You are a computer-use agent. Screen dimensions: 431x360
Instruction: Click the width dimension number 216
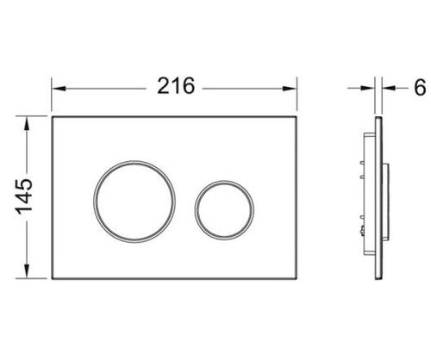(x=176, y=86)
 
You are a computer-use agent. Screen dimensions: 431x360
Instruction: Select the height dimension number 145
(x=24, y=196)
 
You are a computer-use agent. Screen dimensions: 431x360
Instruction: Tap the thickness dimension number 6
(x=420, y=87)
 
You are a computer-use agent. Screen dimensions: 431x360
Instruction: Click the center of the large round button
(x=134, y=202)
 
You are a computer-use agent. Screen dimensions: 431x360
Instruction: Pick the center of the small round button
(x=224, y=210)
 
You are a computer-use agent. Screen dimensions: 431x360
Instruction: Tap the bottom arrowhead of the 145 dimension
(x=27, y=271)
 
